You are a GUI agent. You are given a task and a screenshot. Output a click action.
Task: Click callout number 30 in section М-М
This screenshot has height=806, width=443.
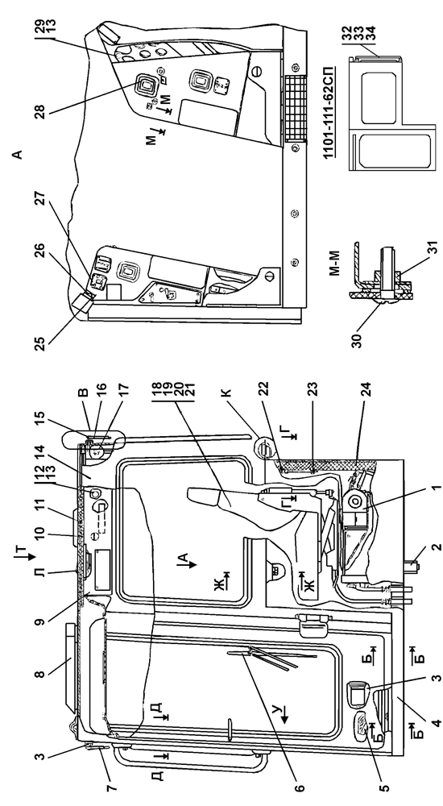(359, 340)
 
